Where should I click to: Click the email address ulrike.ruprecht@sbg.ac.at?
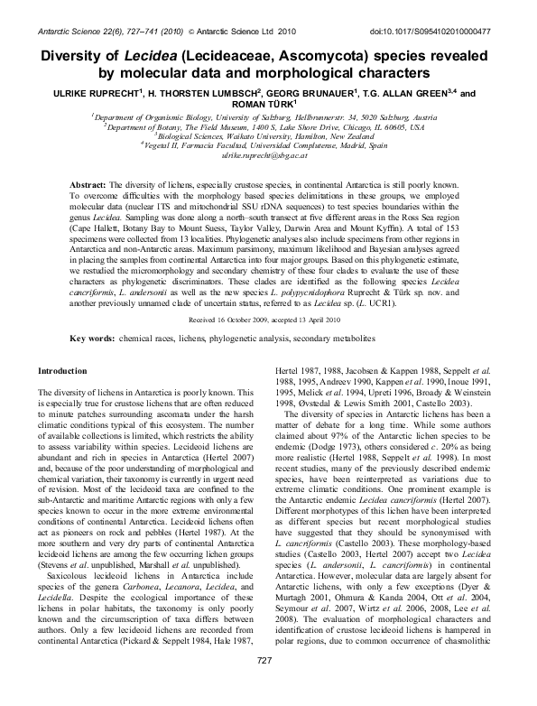pyautogui.click(x=268, y=156)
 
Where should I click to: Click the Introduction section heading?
pyautogui.click(x=63, y=396)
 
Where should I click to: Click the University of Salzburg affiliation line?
pyautogui.click(x=269, y=117)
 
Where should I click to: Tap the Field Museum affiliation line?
pyautogui.click(x=269, y=127)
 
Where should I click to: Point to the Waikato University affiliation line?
pyautogui.click(x=269, y=136)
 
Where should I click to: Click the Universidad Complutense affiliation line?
pyautogui.click(x=269, y=145)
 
